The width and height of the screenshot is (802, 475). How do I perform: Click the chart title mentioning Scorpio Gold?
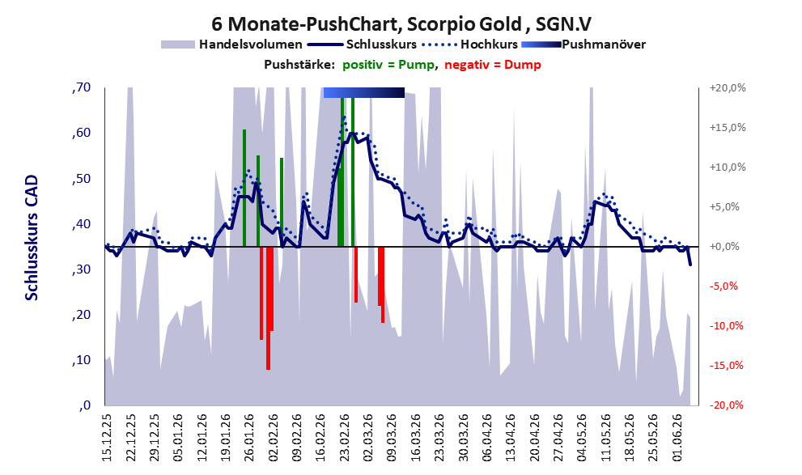pyautogui.click(x=401, y=24)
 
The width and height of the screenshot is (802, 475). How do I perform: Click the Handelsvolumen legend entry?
pyautogui.click(x=231, y=45)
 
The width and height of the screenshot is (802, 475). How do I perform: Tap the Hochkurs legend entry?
pyautogui.click(x=469, y=45)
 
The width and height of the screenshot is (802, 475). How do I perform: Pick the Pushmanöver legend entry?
pyautogui.click(x=583, y=45)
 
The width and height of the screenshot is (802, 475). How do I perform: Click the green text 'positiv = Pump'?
pyautogui.click(x=388, y=65)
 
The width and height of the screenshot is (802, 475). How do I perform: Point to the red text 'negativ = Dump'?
pyautogui.click(x=493, y=65)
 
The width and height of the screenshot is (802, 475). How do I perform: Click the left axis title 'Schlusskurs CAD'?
pyautogui.click(x=32, y=238)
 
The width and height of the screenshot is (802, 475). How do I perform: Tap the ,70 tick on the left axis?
pyautogui.click(x=81, y=87)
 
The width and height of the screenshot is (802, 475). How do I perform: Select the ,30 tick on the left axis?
pyautogui.click(x=81, y=269)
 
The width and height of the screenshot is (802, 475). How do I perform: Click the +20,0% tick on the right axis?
pyautogui.click(x=728, y=88)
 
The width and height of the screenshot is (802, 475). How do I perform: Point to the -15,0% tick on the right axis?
pyautogui.click(x=726, y=366)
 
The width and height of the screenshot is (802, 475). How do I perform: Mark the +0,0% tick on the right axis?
pyautogui.click(x=724, y=247)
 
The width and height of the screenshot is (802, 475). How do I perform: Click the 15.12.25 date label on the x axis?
pyautogui.click(x=106, y=437)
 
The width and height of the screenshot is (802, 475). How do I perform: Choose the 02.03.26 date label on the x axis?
pyautogui.click(x=368, y=437)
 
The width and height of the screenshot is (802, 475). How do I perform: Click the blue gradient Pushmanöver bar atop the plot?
pyautogui.click(x=364, y=92)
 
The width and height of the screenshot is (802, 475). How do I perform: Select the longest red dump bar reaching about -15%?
pyautogui.click(x=268, y=307)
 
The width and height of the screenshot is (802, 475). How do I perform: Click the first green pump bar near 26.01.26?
pyautogui.click(x=244, y=189)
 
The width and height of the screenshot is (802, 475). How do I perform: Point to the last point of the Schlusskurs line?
pyautogui.click(x=690, y=265)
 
